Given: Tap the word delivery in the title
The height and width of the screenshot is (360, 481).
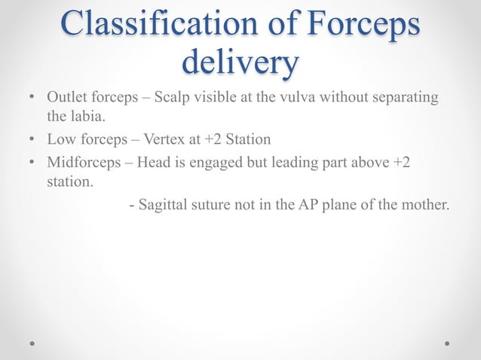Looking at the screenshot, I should (x=240, y=63).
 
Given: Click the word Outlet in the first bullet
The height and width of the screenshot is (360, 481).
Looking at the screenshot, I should (x=66, y=98).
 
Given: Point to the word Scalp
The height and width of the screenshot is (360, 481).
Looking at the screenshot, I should (x=173, y=98).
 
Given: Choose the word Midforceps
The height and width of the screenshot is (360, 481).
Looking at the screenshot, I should (x=84, y=163).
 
